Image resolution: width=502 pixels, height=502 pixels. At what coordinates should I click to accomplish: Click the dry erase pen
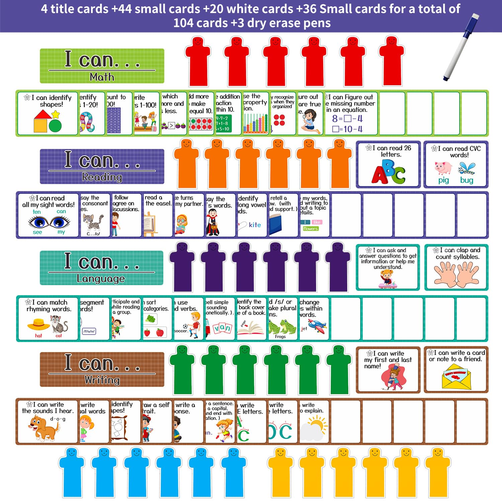point(461,47)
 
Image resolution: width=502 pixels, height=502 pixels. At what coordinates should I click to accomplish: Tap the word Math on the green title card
point(102,77)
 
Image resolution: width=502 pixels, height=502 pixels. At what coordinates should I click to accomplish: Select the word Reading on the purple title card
point(102,177)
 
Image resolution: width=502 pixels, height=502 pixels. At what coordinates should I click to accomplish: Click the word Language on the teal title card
point(101,278)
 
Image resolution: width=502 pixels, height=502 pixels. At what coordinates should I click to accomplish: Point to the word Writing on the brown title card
point(102,380)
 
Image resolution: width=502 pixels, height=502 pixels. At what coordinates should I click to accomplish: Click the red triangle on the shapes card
point(43,115)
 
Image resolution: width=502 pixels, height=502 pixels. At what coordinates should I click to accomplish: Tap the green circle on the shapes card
point(55,126)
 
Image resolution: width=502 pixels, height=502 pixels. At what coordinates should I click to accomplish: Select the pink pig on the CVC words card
point(443,168)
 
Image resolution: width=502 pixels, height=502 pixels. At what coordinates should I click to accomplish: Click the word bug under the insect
point(467,180)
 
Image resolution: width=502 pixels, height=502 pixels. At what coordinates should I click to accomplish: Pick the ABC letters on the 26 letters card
point(388,171)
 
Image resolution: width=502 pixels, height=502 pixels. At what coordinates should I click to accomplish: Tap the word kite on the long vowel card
point(255,225)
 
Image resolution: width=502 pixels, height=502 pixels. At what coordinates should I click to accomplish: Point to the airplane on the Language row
point(317,325)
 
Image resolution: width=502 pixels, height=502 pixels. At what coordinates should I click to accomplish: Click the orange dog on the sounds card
point(44,428)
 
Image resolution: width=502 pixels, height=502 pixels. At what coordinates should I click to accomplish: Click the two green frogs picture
point(282,326)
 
